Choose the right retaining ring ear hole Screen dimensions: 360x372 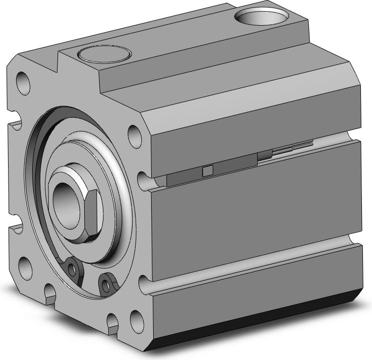[106, 283]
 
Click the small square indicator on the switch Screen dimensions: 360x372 [207, 171]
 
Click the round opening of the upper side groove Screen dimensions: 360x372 [143, 179]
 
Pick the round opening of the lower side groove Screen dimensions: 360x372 [143, 283]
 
